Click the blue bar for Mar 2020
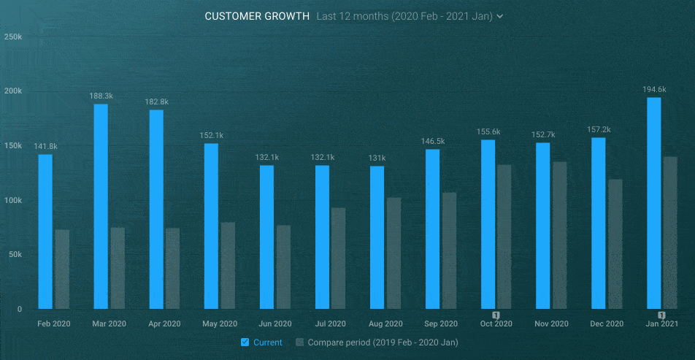(x=101, y=207)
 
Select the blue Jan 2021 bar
(x=654, y=203)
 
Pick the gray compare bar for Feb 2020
(x=62, y=269)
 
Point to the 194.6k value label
(x=654, y=90)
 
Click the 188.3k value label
(x=101, y=96)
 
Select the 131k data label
(x=377, y=158)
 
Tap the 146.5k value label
(x=433, y=141)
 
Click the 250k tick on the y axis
(x=13, y=36)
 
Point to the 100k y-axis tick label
(x=13, y=200)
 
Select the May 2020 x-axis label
(x=219, y=323)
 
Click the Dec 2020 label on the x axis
(x=606, y=323)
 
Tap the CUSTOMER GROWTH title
(x=257, y=16)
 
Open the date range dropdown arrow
(x=500, y=16)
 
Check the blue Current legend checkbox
(x=245, y=342)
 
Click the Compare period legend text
(x=383, y=342)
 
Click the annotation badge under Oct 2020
(x=496, y=315)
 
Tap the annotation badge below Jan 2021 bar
(x=661, y=315)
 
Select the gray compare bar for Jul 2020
(x=338, y=258)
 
